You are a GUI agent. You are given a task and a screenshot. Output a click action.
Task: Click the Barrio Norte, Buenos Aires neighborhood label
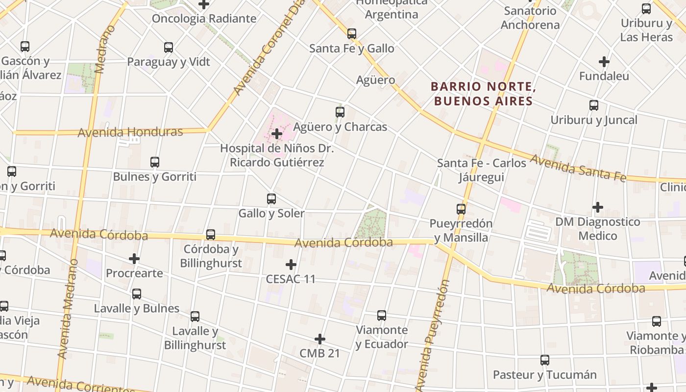(482, 94)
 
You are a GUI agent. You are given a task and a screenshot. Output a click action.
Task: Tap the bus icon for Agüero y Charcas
(340, 112)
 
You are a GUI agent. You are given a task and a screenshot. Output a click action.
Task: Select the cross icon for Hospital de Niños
(277, 133)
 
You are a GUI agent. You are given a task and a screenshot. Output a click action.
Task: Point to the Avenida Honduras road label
(130, 132)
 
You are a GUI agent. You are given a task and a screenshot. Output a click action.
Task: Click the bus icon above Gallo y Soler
(271, 198)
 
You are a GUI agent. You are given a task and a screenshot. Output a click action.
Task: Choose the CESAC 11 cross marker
(291, 265)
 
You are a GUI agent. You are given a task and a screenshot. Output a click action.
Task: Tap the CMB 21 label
(319, 353)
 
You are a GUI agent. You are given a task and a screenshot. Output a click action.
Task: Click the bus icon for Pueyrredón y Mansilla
(461, 209)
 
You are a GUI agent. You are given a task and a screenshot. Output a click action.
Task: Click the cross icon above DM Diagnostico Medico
(598, 207)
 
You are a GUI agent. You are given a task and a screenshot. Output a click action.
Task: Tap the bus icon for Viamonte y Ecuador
(382, 315)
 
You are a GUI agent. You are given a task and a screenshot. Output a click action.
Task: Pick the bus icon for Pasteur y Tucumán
(545, 360)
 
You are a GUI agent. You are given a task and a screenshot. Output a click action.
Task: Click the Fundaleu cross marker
(604, 62)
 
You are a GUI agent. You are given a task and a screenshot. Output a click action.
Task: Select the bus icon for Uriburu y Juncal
(594, 105)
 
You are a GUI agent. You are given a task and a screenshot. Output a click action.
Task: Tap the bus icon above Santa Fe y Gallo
(352, 33)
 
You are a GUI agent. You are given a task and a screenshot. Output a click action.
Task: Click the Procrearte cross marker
(134, 258)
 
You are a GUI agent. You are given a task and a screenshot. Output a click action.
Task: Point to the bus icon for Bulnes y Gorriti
(155, 162)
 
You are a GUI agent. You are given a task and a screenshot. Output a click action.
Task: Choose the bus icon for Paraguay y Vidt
(169, 47)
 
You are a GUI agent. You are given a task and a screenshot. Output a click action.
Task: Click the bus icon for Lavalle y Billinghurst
(195, 316)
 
